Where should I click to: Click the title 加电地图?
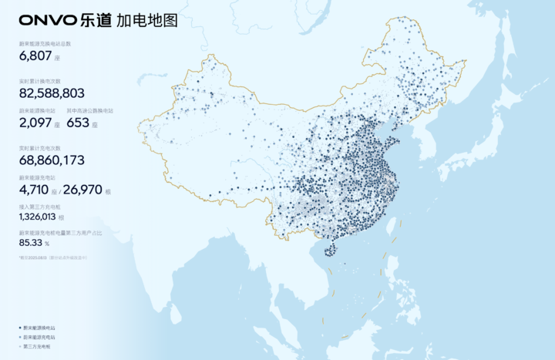[x=147, y=20]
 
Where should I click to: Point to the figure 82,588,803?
[x=52, y=93]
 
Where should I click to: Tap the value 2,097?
[x=35, y=123]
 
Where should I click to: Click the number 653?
[x=79, y=123]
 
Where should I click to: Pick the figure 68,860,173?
[x=52, y=160]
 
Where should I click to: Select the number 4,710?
[x=35, y=190]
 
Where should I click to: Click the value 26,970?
[x=81, y=190]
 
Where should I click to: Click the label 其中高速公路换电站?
[x=89, y=110]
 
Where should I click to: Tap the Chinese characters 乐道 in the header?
[x=96, y=20]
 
